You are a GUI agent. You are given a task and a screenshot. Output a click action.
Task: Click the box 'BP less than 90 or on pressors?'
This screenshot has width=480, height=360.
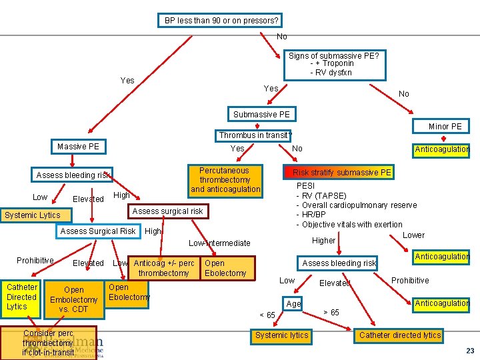pyautogui.click(x=221, y=20)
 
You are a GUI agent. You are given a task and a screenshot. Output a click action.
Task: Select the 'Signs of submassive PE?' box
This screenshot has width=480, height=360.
pyautogui.click(x=333, y=56)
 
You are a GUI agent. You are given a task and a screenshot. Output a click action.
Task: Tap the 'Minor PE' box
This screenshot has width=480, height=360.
pyautogui.click(x=445, y=126)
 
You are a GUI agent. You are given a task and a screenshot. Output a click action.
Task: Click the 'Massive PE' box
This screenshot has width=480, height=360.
pyautogui.click(x=78, y=145)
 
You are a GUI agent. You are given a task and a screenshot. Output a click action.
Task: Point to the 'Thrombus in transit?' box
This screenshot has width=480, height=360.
pyautogui.click(x=255, y=135)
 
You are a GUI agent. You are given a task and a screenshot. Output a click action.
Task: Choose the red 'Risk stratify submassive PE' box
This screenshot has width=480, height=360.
pyautogui.click(x=339, y=173)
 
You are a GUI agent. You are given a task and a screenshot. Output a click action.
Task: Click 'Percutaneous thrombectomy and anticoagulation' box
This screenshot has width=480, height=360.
pyautogui.click(x=225, y=180)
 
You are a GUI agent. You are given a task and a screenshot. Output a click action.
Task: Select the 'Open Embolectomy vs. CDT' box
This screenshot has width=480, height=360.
pyautogui.click(x=73, y=299)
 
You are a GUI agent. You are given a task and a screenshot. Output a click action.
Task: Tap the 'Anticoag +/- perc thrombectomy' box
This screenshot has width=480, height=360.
pyautogui.click(x=164, y=268)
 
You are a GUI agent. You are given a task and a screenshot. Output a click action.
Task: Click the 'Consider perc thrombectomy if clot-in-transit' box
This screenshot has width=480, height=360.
pyautogui.click(x=48, y=343)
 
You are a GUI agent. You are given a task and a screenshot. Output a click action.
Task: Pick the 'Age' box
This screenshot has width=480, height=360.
pyautogui.click(x=293, y=303)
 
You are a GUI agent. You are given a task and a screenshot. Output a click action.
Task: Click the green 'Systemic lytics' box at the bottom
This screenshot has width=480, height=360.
pyautogui.click(x=281, y=335)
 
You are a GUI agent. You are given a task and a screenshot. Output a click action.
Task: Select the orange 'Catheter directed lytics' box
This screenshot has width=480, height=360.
pyautogui.click(x=399, y=335)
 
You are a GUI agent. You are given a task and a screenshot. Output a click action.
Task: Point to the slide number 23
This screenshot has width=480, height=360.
pyautogui.click(x=470, y=351)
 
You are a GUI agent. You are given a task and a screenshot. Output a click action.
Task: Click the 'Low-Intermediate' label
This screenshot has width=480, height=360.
pyautogui.click(x=219, y=243)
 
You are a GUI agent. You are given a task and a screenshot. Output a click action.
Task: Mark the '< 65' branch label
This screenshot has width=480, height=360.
pyautogui.click(x=267, y=315)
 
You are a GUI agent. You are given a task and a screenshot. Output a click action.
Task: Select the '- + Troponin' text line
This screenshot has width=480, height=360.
pyautogui.click(x=331, y=64)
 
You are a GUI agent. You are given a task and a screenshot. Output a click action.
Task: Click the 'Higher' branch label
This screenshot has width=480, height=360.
pyautogui.click(x=324, y=241)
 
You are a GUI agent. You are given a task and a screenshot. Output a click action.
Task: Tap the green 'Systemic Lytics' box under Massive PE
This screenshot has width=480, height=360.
pyautogui.click(x=32, y=215)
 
